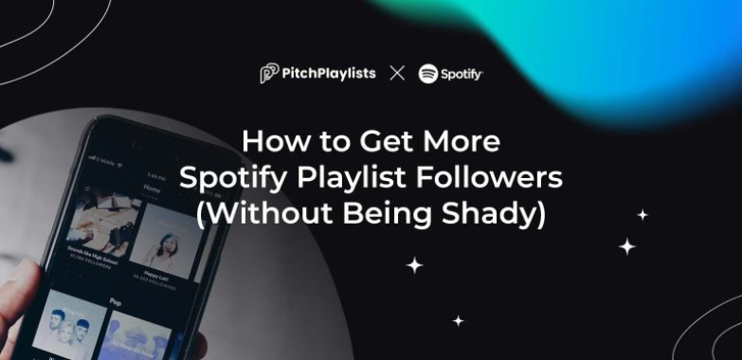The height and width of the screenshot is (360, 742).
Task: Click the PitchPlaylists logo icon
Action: tap(269, 74)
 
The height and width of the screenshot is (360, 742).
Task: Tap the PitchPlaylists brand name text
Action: tap(329, 74)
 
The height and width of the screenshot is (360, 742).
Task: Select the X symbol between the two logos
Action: tap(397, 74)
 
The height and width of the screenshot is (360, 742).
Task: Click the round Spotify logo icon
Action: tap(428, 74)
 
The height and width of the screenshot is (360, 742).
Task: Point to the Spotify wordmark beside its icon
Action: tap(461, 74)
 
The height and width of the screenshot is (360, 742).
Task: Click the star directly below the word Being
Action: tap(414, 265)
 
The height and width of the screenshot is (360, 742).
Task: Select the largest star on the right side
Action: tap(626, 246)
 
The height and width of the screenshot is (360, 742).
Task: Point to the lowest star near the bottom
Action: tap(458, 321)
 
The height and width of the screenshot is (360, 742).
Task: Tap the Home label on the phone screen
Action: tap(152, 188)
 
